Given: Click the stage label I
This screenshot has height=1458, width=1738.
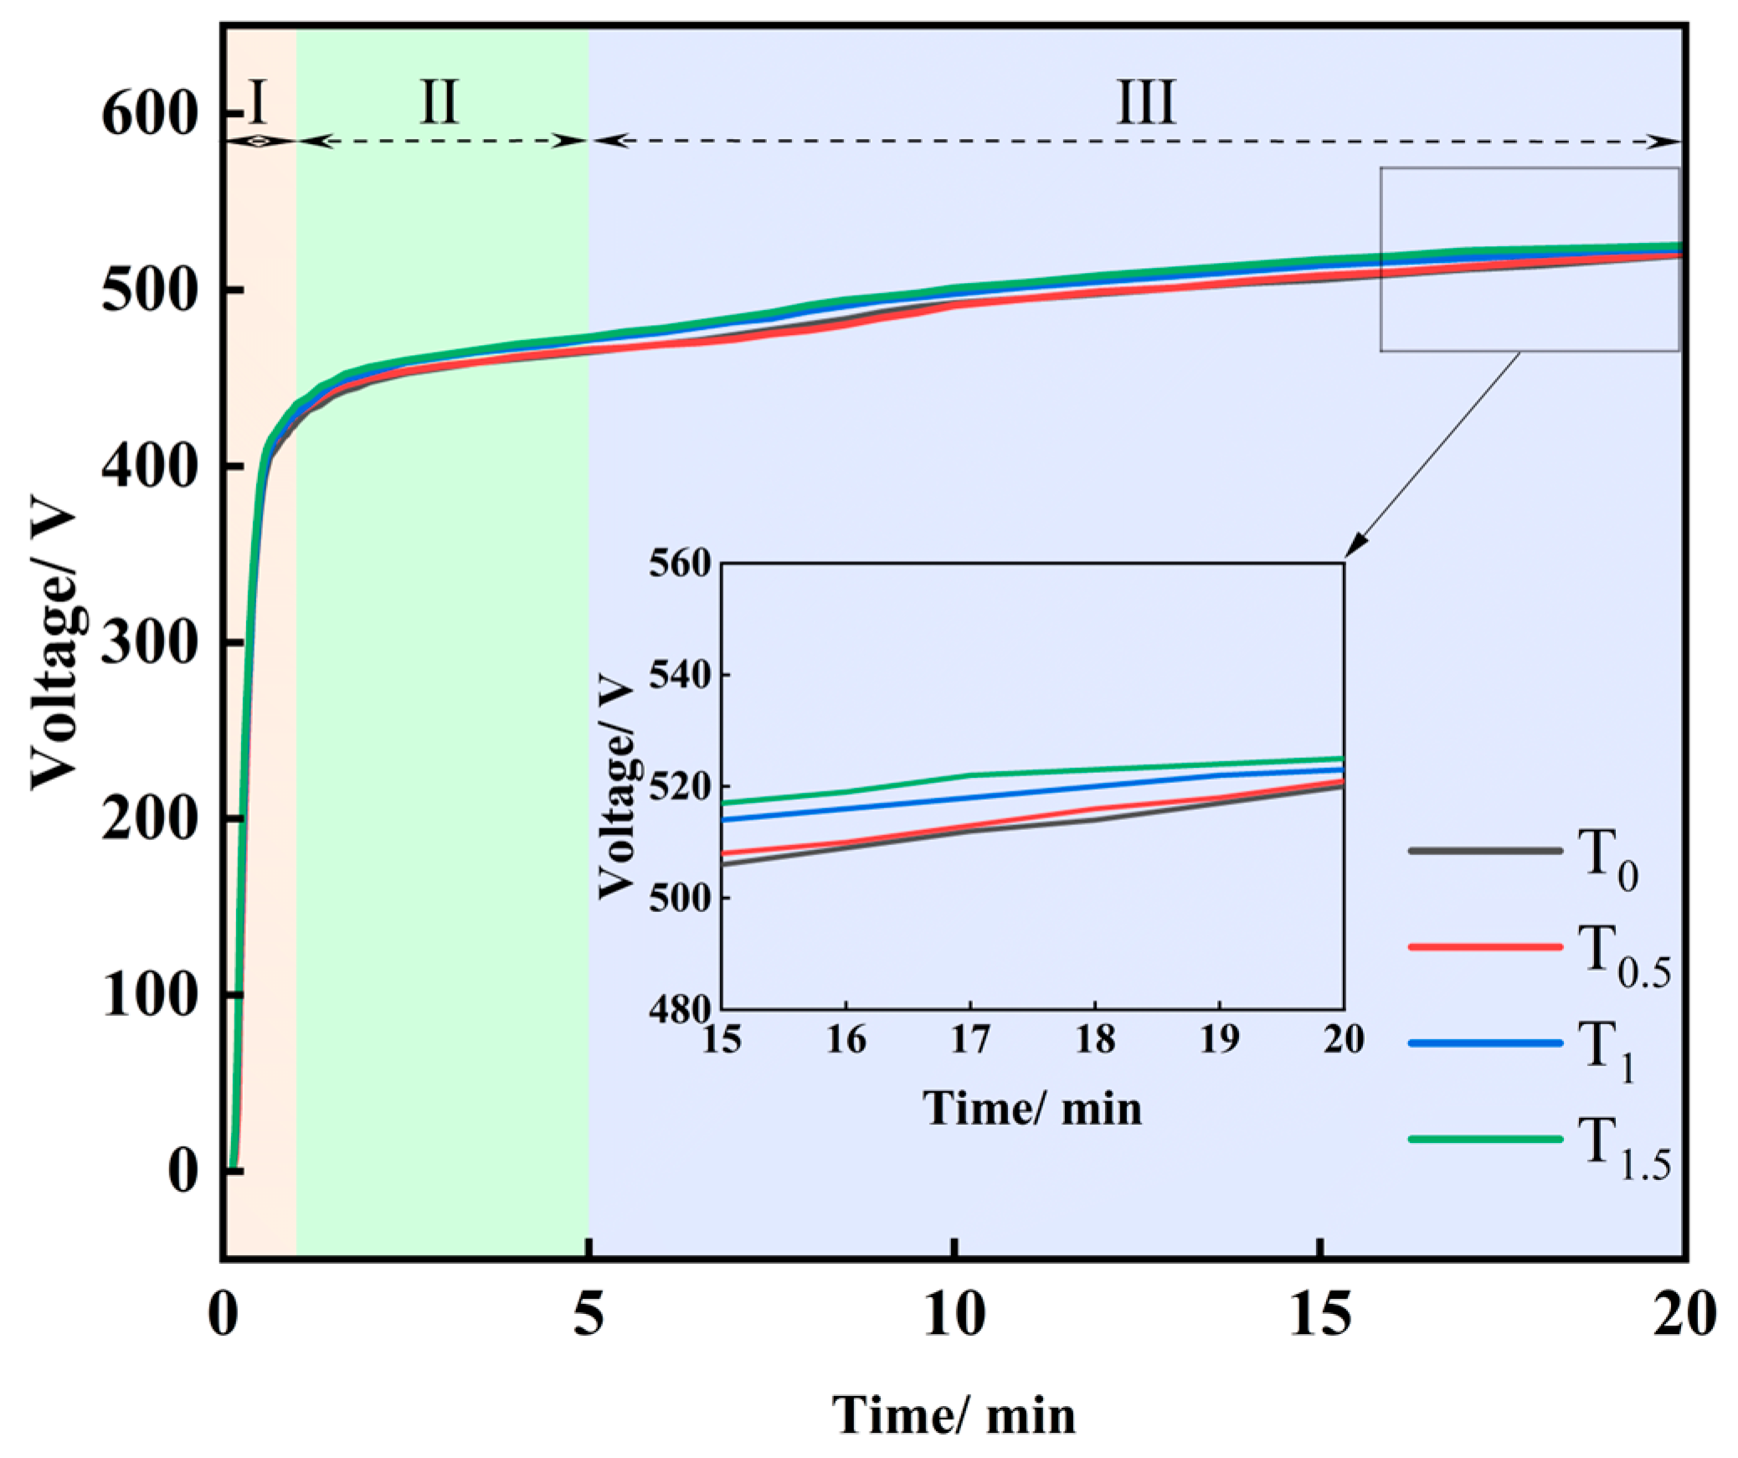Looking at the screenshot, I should coord(259,101).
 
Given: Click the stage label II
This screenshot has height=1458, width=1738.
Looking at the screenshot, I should coord(439,101).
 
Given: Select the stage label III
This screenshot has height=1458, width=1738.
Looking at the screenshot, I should coord(1145,101).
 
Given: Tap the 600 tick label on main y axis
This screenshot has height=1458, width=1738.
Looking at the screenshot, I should coord(149,114).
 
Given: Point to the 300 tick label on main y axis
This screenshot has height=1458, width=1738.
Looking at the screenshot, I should coord(149,642).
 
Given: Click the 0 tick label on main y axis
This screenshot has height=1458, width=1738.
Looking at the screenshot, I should coord(183,1170).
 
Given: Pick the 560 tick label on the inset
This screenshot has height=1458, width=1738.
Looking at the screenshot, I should coord(680,563).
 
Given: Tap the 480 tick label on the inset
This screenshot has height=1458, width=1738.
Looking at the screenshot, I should coord(680,1009).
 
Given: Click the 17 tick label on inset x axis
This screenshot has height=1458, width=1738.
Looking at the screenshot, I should coord(970,1039).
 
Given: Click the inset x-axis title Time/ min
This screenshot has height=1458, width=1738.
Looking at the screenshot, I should coord(1032,1108).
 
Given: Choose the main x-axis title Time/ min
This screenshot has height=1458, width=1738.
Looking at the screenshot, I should coord(954,1415).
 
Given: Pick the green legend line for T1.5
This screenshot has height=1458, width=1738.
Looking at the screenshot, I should coord(1485,1139).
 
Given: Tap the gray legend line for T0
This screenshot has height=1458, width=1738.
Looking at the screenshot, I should coord(1485,851).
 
